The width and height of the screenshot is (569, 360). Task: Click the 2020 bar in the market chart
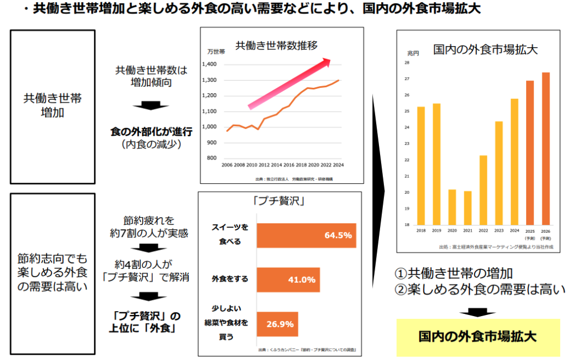click(x=452, y=207)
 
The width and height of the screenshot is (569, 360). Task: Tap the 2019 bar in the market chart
click(x=436, y=164)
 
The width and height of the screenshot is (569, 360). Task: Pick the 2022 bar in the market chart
click(x=483, y=190)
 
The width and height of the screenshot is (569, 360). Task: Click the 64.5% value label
click(x=338, y=235)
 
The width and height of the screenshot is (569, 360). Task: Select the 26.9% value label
click(x=279, y=324)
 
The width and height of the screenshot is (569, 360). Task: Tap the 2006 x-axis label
click(x=227, y=166)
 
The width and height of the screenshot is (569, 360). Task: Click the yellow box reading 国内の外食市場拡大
click(x=477, y=337)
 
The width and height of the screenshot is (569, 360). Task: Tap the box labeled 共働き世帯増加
click(x=52, y=106)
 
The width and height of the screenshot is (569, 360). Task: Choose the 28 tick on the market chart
click(x=407, y=63)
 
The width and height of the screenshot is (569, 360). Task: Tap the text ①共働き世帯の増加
click(x=453, y=273)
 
